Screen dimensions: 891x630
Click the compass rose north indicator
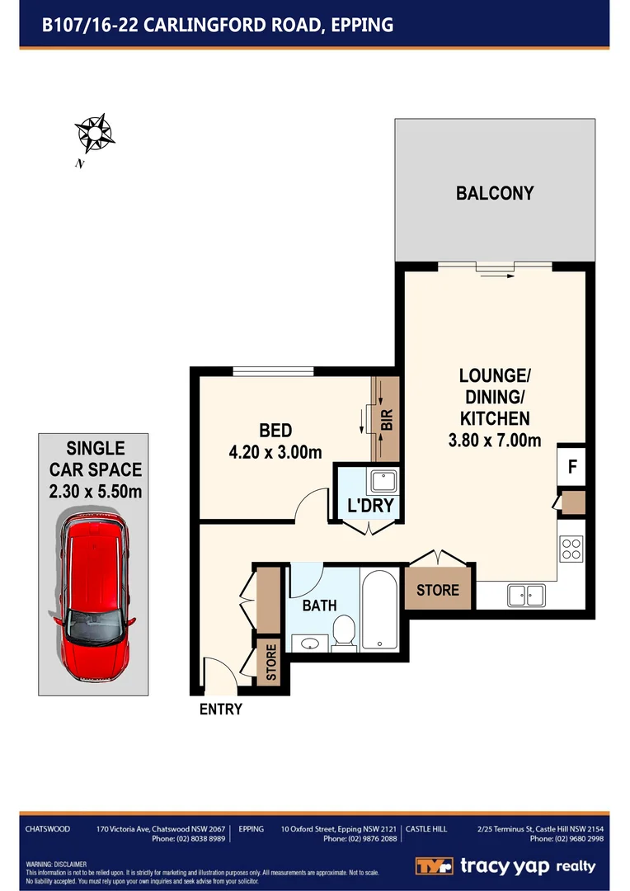94,132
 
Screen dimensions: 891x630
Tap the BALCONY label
495,193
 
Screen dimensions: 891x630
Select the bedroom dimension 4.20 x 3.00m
275,451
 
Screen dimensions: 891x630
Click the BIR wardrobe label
387,420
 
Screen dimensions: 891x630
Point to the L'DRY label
370,505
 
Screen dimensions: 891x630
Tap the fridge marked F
571,466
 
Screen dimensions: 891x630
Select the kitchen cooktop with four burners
571,549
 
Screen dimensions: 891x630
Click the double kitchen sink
525,593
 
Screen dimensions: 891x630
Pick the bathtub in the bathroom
380,609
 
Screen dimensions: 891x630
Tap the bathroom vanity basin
311,642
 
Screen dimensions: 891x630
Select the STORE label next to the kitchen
438,591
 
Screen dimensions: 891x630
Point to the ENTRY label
221,709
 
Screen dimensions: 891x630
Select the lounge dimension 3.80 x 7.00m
494,441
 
